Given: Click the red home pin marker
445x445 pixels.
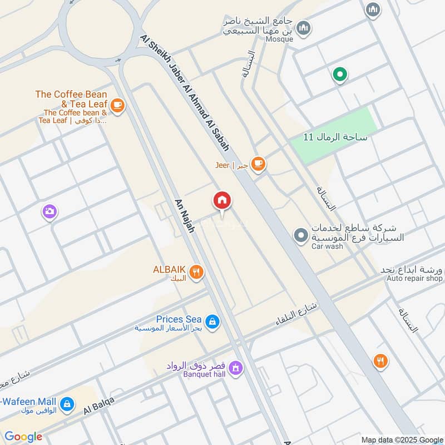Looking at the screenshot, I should [222, 201].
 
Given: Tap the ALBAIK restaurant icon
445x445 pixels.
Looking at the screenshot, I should [196, 271].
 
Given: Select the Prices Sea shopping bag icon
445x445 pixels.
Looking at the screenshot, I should [211, 322].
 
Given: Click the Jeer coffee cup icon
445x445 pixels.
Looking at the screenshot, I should [258, 164].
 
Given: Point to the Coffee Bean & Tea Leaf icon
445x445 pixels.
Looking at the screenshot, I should [117, 105].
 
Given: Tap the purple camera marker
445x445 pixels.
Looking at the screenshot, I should [50, 211].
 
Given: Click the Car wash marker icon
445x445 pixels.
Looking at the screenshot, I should [301, 236].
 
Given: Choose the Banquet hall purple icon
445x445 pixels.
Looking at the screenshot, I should [235, 368].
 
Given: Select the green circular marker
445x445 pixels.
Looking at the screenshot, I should [339, 75].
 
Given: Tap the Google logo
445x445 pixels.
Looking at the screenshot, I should [23, 437].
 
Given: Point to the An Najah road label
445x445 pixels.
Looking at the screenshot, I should [184, 215].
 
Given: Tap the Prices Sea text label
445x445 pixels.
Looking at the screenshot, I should [178, 319].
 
